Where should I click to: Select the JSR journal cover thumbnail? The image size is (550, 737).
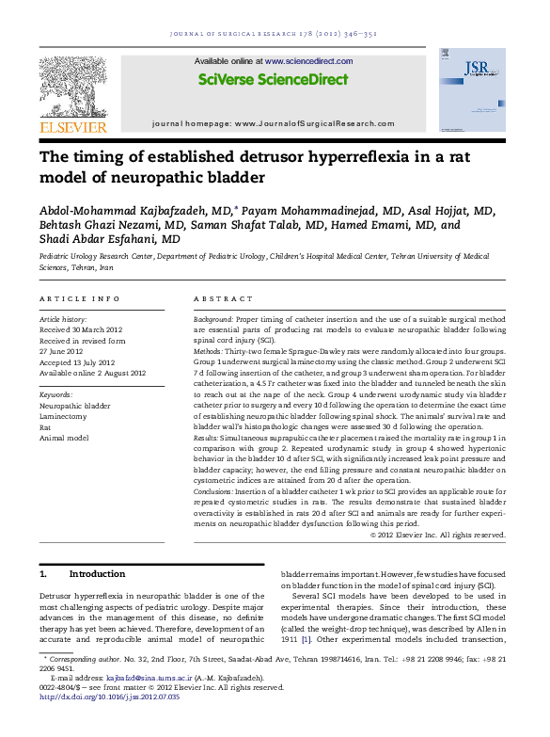tap(485, 89)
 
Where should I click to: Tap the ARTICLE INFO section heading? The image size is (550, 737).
tap(78, 298)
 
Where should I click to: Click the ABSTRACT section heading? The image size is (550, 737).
tap(223, 298)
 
